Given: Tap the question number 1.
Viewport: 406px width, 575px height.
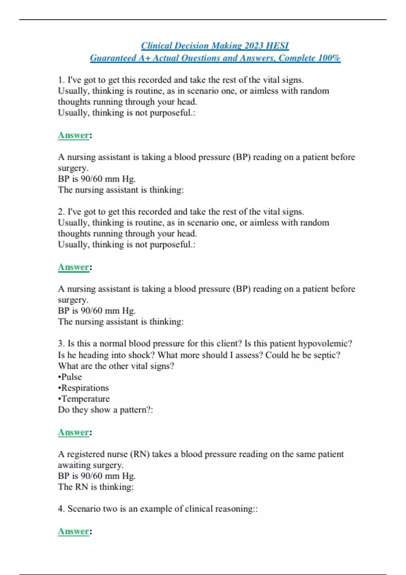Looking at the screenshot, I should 61,80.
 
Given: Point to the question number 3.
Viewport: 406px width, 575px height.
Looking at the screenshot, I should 61,344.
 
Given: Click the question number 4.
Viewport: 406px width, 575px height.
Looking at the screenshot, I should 61,509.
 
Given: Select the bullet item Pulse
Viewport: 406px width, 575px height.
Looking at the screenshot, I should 71,377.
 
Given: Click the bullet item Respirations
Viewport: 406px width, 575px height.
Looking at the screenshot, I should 85,388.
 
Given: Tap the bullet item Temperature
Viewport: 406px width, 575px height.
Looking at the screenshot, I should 85,399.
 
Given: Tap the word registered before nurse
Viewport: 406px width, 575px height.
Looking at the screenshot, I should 80,454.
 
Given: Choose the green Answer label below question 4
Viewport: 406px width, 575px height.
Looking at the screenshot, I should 73,531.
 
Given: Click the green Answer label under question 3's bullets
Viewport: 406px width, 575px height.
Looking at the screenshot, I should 73,433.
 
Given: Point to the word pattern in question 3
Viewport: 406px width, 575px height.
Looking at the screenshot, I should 134,410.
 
